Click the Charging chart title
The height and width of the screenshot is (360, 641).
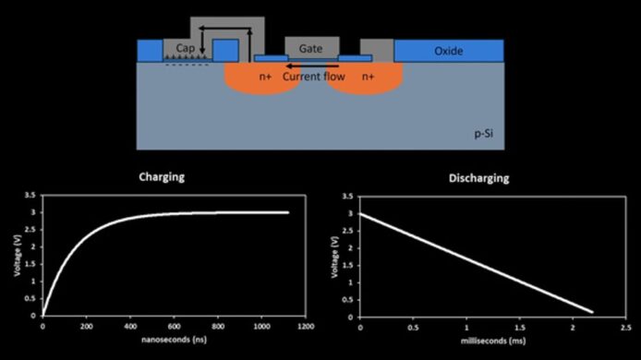(162, 177)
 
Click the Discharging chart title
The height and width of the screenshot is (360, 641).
(479, 178)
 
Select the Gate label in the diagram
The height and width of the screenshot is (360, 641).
(310, 49)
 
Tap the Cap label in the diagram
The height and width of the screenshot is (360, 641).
(185, 48)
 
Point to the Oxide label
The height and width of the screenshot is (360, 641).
(449, 51)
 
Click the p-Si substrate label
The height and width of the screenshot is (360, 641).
(484, 134)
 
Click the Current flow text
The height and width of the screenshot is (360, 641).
(313, 77)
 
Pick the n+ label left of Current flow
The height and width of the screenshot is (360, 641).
(265, 77)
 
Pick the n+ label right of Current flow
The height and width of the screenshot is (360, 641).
(368, 77)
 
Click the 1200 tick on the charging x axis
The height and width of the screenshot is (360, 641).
(306, 327)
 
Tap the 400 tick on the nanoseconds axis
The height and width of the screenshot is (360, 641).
(130, 327)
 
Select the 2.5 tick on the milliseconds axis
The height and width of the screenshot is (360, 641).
(626, 328)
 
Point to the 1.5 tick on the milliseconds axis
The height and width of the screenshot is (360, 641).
(520, 328)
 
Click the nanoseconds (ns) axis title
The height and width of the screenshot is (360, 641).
(175, 340)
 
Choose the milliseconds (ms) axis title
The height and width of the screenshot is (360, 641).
(493, 341)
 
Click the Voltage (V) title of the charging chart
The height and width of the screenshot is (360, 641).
(18, 256)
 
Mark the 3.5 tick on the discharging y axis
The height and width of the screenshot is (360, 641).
(347, 197)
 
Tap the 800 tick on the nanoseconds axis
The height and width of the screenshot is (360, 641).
(218, 327)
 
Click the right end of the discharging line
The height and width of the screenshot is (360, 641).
(592, 312)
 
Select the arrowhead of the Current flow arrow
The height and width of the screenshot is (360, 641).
(288, 66)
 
